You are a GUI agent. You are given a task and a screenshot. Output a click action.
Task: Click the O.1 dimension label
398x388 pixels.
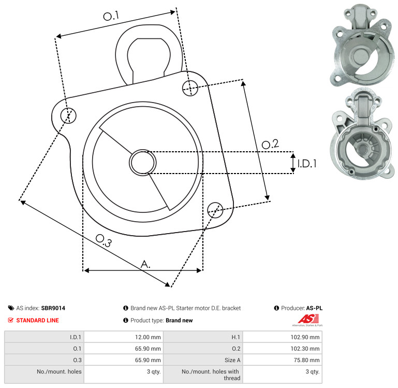[x=111, y=17]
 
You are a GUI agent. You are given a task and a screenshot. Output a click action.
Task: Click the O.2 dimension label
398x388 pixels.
[x=270, y=144]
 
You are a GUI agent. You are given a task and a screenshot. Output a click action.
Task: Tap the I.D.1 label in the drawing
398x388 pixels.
[x=306, y=164]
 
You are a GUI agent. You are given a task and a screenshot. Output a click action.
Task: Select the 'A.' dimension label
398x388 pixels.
[x=146, y=264]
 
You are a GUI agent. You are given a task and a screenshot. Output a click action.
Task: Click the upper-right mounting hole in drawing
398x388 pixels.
[x=190, y=88]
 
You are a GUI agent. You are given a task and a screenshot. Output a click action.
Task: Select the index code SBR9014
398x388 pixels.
[x=53, y=308]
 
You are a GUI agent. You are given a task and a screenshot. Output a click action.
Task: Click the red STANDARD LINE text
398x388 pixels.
[x=37, y=320]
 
